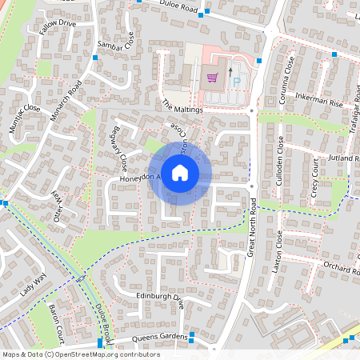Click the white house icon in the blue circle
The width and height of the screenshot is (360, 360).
pyautogui.click(x=180, y=172)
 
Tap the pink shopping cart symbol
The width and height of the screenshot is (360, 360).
pyautogui.click(x=212, y=78)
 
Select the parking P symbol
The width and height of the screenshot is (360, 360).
pyautogui.click(x=236, y=82)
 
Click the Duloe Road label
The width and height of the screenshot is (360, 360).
pyautogui.click(x=178, y=9)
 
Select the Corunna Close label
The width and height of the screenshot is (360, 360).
pyautogui.click(x=288, y=76)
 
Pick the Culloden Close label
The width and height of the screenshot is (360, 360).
pyautogui.click(x=280, y=156)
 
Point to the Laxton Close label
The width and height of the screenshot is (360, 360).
pyautogui.click(x=275, y=251)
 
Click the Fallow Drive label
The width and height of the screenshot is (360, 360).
pyautogui.click(x=57, y=30)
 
